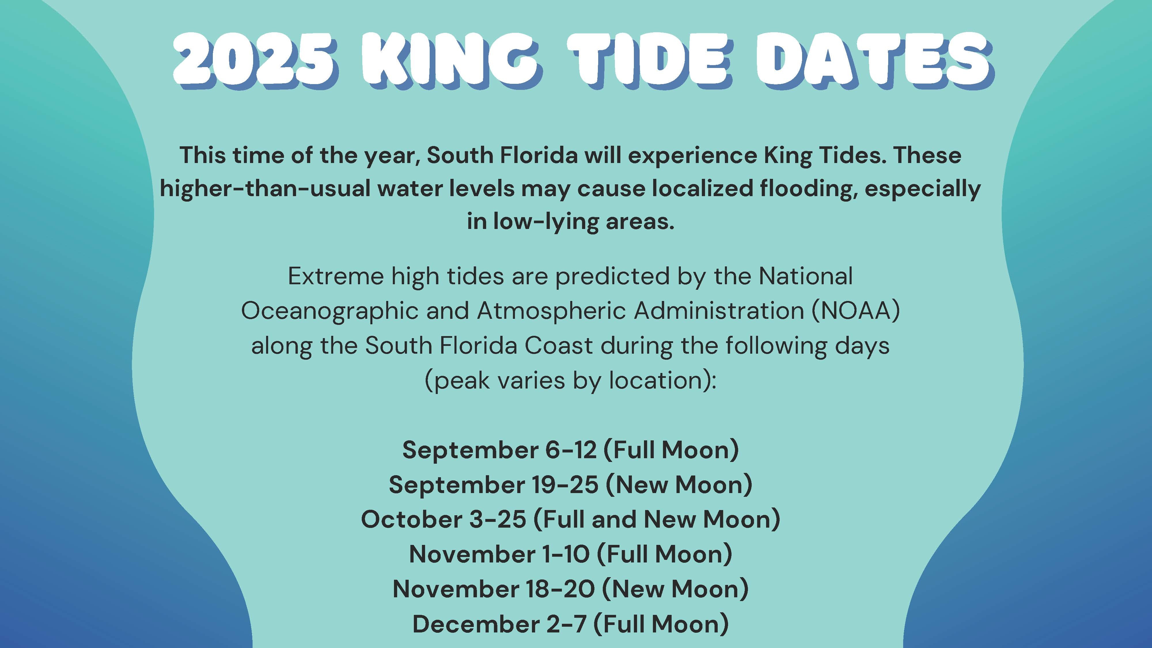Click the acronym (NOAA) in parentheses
pyautogui.click(x=855, y=310)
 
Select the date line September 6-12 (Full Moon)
pyautogui.click(x=571, y=450)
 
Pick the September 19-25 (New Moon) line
pyautogui.click(x=571, y=484)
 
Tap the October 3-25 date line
pyautogui.click(x=571, y=519)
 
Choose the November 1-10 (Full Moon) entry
pyautogui.click(x=571, y=554)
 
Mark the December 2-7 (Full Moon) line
pyautogui.click(x=571, y=624)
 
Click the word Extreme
pyautogui.click(x=336, y=276)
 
